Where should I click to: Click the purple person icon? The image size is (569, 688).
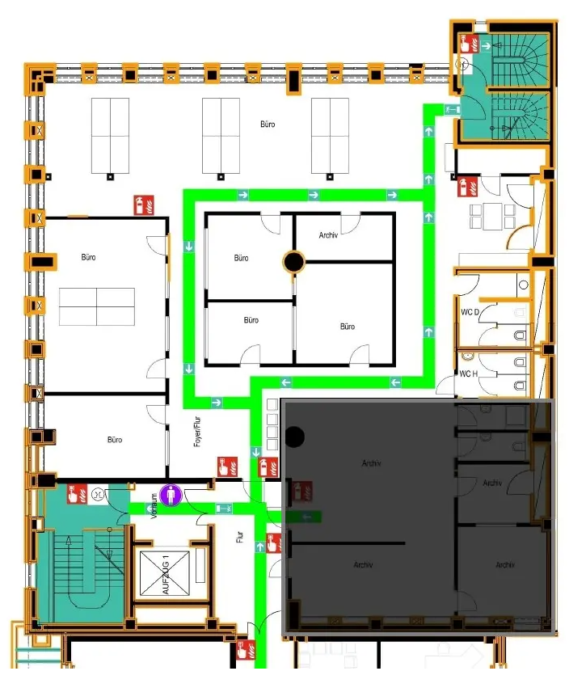[171, 495]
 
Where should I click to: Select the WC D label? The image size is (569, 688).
[470, 312]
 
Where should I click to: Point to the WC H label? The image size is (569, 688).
[469, 374]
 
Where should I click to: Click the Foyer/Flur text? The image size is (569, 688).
[197, 432]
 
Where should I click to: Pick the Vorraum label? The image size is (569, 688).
[154, 506]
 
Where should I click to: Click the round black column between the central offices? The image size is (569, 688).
[294, 261]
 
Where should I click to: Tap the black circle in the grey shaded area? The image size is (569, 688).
[295, 437]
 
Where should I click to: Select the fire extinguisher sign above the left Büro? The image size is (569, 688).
[143, 205]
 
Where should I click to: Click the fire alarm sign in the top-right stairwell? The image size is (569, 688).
[469, 44]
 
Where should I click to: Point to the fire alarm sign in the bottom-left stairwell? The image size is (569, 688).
[78, 494]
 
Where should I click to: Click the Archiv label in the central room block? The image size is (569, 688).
[328, 235]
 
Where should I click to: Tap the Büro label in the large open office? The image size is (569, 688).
[268, 125]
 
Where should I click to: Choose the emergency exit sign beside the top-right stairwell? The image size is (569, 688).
[453, 109]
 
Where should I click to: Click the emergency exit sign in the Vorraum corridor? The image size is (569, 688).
[224, 509]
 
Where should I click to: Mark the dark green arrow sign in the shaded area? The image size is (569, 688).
[306, 517]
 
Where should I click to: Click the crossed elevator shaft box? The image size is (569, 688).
[165, 574]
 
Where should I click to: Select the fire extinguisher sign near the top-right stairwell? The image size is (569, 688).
[468, 187]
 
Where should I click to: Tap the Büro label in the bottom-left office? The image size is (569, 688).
[115, 440]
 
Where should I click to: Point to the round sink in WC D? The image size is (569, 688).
[523, 285]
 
